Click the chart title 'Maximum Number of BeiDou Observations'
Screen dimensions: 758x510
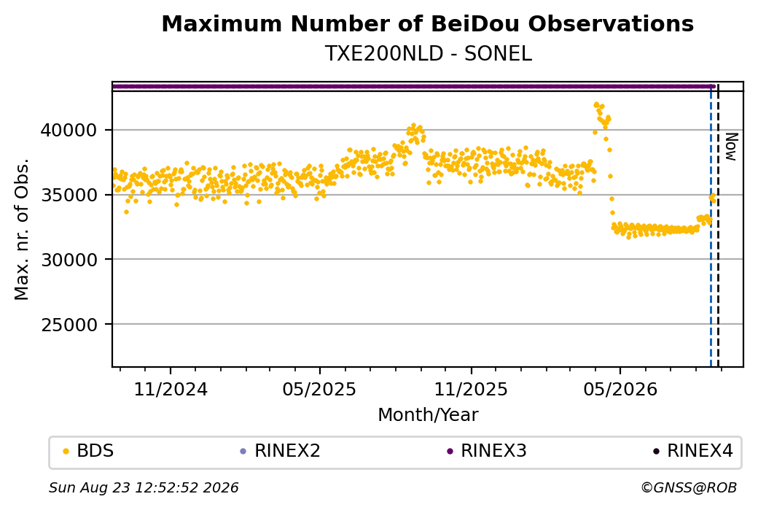427,23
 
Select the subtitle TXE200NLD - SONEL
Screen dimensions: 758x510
429,54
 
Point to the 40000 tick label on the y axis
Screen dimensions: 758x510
69,130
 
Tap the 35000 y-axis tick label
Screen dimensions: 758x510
69,195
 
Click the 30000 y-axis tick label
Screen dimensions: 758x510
69,260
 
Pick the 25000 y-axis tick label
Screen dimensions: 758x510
69,325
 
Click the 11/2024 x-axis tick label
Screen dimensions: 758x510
171,389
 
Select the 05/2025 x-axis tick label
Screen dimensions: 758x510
319,389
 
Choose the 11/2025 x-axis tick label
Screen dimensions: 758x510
471,389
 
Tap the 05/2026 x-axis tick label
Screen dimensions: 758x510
620,389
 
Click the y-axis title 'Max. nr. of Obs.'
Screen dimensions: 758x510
22,229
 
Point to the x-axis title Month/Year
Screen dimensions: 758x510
428,415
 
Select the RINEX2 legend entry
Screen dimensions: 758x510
281,451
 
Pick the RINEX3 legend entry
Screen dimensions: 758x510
487,451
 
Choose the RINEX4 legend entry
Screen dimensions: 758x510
693,451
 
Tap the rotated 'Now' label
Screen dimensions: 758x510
732,147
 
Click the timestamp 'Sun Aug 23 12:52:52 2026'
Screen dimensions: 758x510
144,487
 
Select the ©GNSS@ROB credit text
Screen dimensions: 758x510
689,487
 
